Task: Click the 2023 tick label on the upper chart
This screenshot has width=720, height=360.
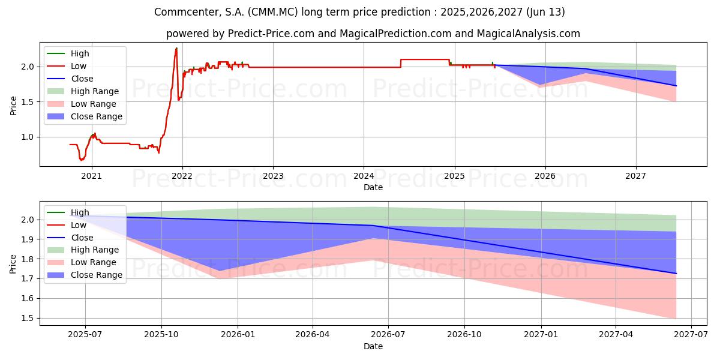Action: click(272, 176)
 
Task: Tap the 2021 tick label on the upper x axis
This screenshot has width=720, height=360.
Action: click(91, 176)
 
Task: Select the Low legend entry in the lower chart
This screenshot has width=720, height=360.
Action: click(80, 225)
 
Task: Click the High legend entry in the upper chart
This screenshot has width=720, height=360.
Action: click(80, 53)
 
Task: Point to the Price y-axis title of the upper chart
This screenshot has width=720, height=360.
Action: click(13, 106)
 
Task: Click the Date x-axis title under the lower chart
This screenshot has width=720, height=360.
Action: click(373, 346)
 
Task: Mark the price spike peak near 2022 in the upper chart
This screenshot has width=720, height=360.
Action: click(176, 48)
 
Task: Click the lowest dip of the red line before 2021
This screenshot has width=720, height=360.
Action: click(82, 160)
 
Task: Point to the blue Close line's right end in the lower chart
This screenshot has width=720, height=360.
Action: click(676, 274)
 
